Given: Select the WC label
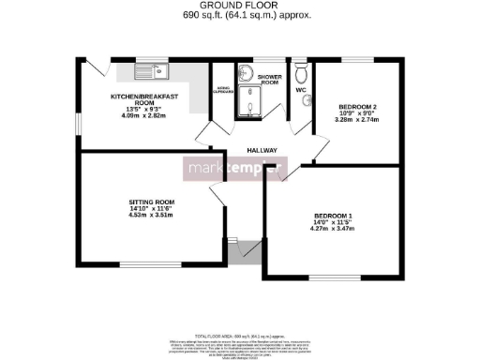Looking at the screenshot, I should (301, 90).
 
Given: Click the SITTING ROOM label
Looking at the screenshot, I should (152, 202).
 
